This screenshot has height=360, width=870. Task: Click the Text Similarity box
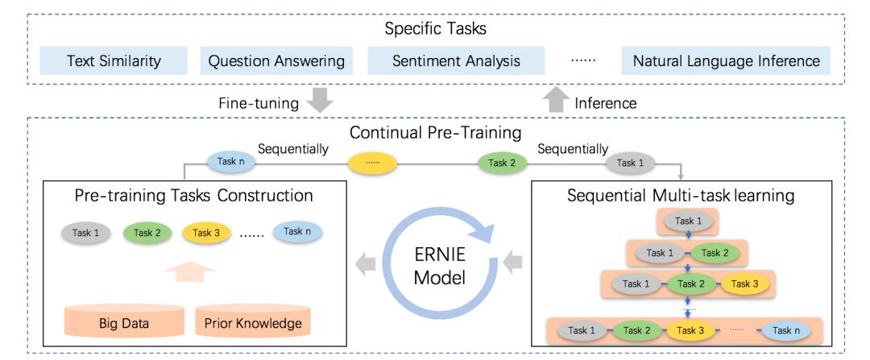114,60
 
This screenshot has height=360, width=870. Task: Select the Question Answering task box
276,60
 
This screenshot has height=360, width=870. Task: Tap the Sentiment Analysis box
456,60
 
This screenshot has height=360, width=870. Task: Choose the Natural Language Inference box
726,60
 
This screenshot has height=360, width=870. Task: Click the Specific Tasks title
436,29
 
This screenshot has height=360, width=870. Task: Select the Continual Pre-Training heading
436,131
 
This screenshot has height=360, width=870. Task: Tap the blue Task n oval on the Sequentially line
230,162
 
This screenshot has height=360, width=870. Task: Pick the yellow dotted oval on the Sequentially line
372,163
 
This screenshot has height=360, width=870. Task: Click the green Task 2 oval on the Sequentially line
503,163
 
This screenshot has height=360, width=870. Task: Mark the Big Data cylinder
124,321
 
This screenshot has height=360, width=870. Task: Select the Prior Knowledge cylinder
252,321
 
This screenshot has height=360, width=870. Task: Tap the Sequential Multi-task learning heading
681,196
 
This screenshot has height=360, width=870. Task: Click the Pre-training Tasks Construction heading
193,196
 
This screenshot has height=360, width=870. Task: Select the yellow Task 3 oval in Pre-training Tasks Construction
206,233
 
